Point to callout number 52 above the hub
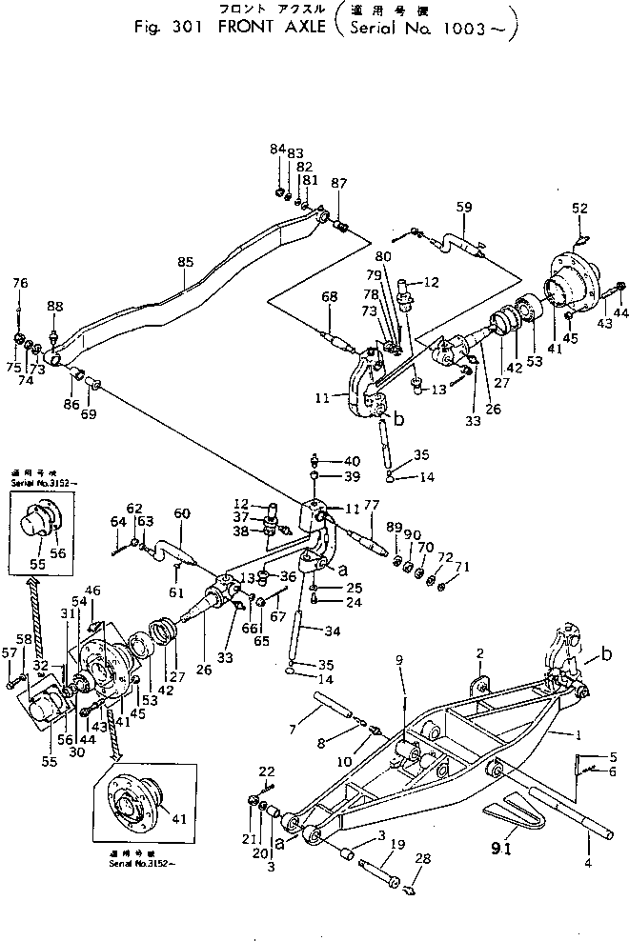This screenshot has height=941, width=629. (579, 208)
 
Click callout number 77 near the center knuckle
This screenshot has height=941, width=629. (372, 507)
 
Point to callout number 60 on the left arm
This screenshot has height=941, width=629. (182, 513)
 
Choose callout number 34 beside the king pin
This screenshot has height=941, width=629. (333, 630)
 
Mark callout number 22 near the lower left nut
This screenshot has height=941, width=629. (267, 771)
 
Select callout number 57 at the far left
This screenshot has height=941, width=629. (10, 652)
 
